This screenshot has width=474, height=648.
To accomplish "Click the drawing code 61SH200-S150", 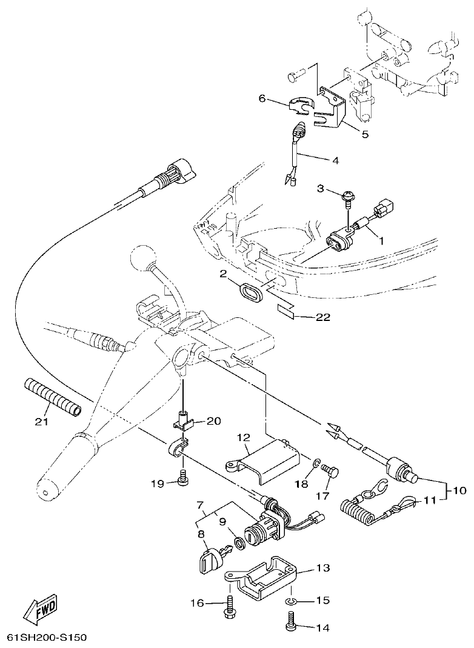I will click(x=47, y=638).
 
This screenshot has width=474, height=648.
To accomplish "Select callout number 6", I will click(x=262, y=98).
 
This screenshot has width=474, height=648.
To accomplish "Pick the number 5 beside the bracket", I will click(x=365, y=134).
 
